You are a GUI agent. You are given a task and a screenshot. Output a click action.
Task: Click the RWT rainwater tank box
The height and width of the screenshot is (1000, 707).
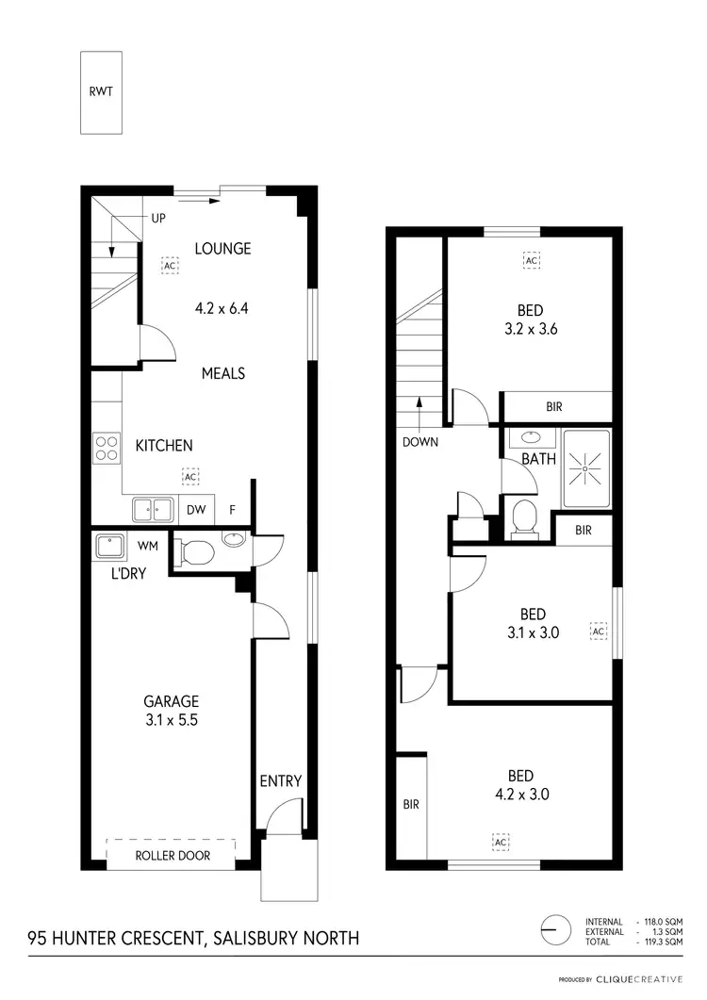coord(99,92)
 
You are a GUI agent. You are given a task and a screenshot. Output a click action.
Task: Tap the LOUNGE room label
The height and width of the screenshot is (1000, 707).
coord(222,249)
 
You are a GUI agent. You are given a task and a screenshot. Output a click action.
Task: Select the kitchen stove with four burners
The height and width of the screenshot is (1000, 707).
coord(107,447)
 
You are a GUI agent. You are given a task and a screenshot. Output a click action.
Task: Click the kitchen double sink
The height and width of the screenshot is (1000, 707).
coord(153,509)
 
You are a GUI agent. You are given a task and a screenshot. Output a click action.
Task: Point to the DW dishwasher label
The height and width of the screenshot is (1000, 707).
coord(195,510)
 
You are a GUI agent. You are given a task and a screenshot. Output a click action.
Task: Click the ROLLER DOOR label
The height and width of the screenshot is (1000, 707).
coord(172,856)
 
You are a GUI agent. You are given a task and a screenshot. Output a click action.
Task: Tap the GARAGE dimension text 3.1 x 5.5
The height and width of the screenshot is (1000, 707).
coord(171,720)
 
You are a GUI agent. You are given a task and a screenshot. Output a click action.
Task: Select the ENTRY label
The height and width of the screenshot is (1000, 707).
coord(280,780)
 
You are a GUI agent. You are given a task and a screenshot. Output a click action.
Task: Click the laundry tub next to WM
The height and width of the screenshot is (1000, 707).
coord(112,546)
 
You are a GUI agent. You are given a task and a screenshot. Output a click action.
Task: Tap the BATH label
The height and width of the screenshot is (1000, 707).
coord(539,460)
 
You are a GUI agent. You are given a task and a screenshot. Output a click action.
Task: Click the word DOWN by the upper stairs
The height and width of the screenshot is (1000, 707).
coord(419,441)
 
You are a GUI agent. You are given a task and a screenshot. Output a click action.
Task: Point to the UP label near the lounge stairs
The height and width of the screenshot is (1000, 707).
coord(159,218)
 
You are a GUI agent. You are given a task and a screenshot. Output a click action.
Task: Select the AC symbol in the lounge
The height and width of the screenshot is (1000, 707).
coord(170,266)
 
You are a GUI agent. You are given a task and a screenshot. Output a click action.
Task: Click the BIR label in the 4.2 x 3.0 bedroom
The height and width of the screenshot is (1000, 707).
coord(411,805)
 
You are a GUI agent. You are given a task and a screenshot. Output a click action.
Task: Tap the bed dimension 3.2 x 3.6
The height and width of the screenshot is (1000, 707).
coord(530,330)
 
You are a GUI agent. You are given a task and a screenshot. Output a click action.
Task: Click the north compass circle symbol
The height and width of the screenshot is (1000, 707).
coord(555,929)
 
